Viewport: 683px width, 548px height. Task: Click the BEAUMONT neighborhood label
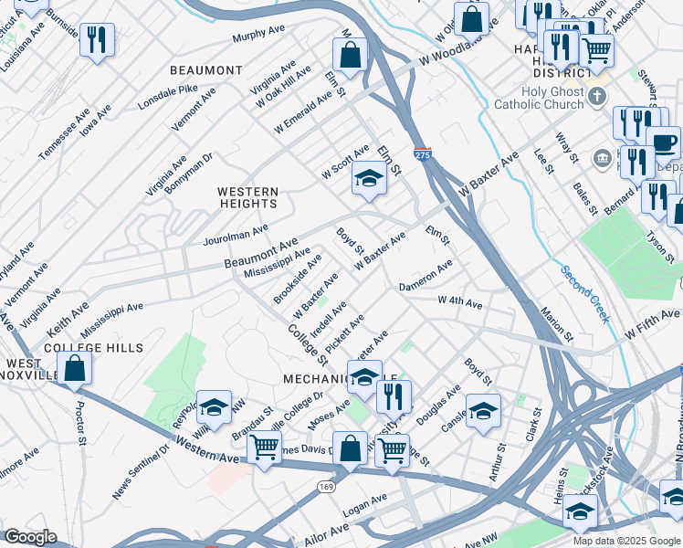tap(205, 70)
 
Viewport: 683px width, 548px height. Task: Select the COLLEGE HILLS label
tap(94, 348)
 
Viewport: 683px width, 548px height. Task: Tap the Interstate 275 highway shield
tap(422, 155)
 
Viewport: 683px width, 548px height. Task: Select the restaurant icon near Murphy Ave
tap(96, 39)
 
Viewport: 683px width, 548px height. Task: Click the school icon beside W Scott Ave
tap(369, 177)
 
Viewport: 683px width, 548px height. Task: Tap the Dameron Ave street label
tap(426, 276)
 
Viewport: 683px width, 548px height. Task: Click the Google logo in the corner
tap(30, 537)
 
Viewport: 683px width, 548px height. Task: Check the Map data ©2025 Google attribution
tap(625, 541)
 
